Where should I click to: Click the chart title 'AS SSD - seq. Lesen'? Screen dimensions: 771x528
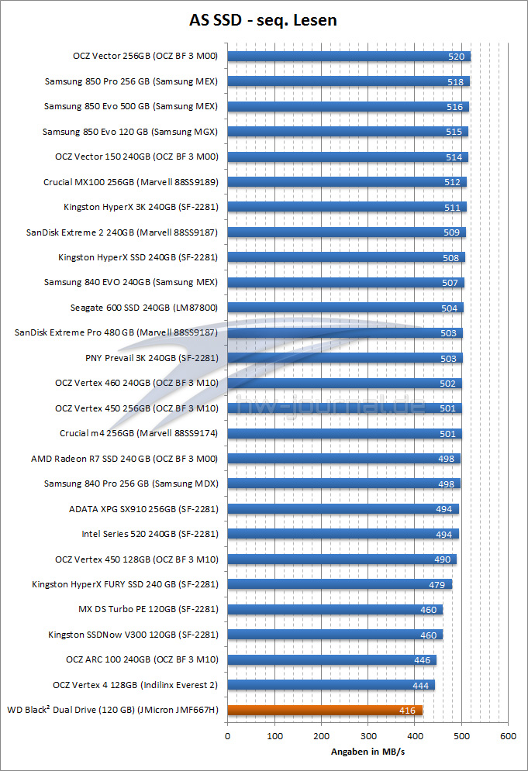[x=264, y=20]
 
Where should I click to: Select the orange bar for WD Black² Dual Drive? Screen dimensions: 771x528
[x=326, y=710]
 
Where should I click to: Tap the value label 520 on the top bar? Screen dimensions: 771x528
[x=457, y=57]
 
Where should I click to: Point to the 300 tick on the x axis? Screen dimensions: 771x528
[x=368, y=735]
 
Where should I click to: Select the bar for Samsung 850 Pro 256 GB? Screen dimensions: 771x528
[x=349, y=81]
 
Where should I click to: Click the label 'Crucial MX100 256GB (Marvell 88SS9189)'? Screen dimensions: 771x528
[x=131, y=183]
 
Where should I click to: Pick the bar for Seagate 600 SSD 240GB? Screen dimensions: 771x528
[x=345, y=308]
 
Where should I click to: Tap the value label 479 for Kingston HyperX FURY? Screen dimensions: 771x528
[x=437, y=584]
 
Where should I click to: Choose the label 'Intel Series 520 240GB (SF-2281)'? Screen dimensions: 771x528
[x=150, y=534]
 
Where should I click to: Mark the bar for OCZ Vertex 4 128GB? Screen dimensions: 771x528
[x=331, y=685]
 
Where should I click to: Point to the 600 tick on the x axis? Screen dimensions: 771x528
[x=509, y=735]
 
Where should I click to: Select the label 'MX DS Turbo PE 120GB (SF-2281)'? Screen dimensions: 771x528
[x=148, y=609]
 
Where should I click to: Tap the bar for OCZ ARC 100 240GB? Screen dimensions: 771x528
[x=332, y=659]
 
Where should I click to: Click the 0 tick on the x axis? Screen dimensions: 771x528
[x=228, y=735]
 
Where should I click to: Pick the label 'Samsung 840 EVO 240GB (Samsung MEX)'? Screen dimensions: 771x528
[x=131, y=283]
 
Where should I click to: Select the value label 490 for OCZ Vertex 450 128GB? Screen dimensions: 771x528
[x=443, y=559]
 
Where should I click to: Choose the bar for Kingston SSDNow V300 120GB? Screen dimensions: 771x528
[x=335, y=635]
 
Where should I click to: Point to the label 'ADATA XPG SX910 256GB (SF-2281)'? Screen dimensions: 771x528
[x=143, y=509]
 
